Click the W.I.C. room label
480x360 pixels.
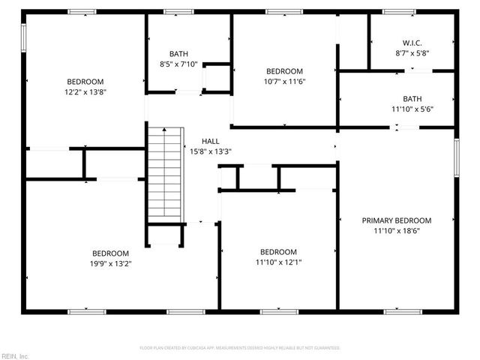(x=412, y=43)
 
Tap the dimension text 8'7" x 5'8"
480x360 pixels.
(x=412, y=53)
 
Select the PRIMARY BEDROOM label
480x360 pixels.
(x=397, y=220)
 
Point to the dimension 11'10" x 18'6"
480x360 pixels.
(x=397, y=231)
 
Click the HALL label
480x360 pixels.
(x=211, y=141)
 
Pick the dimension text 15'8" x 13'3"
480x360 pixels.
(x=211, y=151)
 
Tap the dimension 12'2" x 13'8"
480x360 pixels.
(x=85, y=92)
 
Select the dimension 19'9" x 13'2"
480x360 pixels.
(x=110, y=264)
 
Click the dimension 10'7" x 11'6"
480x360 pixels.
(x=284, y=82)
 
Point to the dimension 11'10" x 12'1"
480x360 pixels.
(x=278, y=262)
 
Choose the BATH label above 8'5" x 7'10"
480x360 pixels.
(x=178, y=53)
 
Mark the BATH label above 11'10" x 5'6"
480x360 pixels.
(x=412, y=98)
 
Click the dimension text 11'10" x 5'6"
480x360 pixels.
(x=412, y=109)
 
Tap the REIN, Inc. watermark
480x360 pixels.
(x=14, y=355)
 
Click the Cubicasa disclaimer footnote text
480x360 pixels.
(x=240, y=348)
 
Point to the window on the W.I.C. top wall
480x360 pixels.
(x=398, y=12)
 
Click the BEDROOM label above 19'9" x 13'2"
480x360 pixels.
(x=110, y=253)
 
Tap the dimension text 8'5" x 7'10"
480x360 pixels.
(x=178, y=64)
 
